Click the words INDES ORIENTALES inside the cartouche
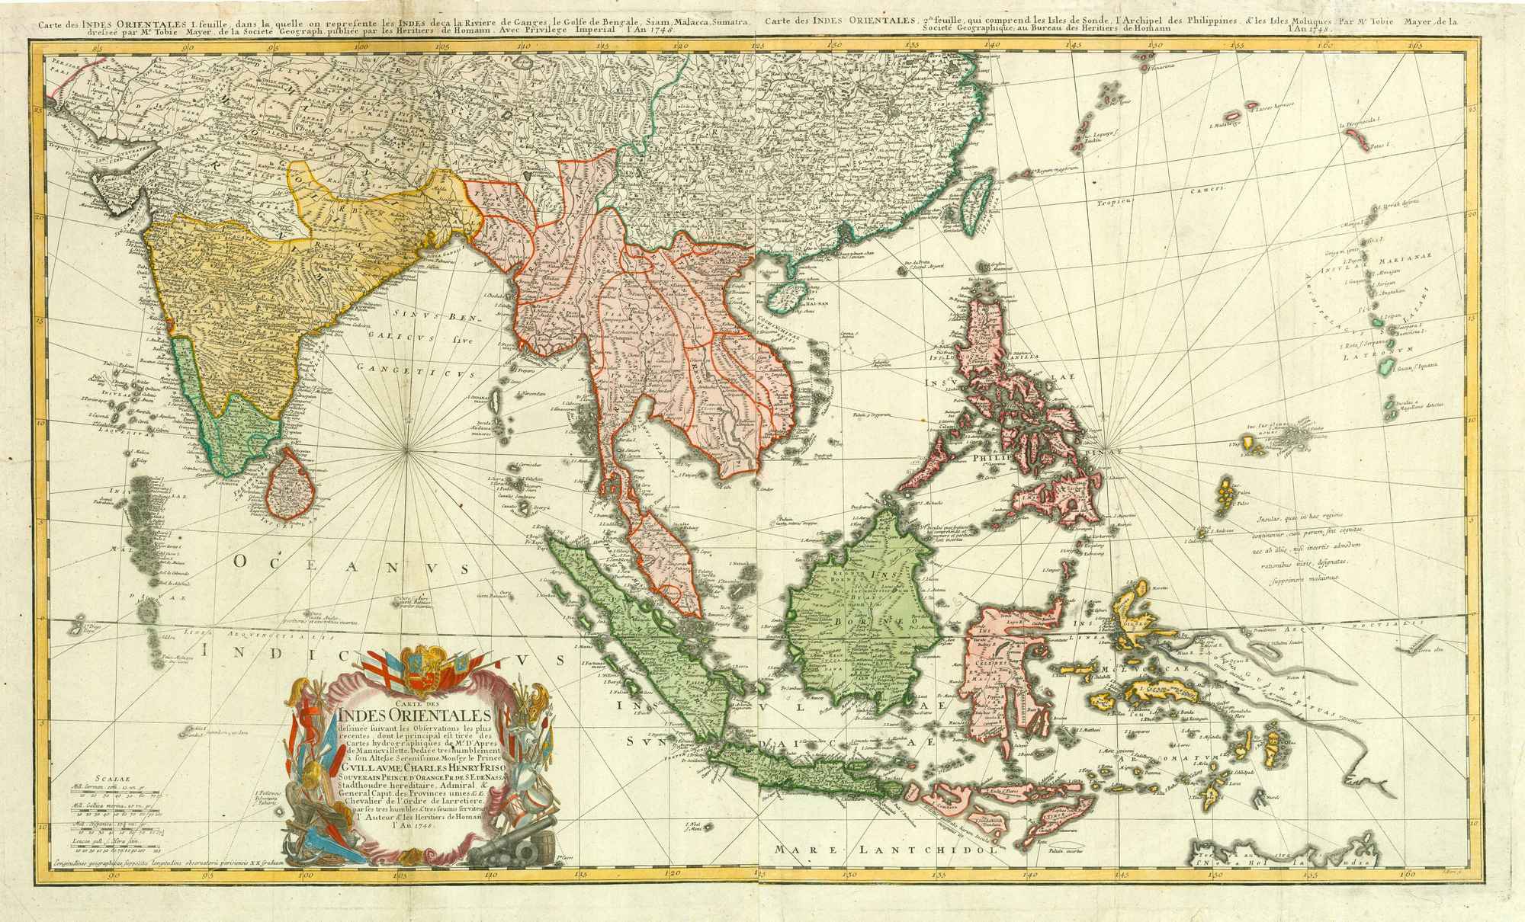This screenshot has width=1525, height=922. (x=416, y=716)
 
